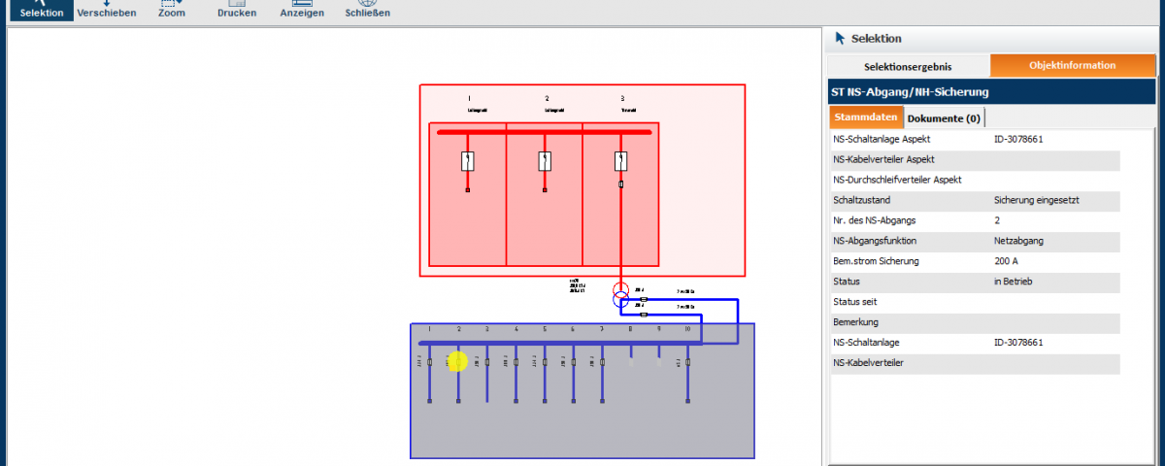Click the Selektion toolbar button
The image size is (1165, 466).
coord(42,10)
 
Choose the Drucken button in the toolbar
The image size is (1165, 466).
coord(237,10)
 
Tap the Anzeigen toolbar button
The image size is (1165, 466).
coord(302,10)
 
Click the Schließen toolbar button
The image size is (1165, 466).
coord(367,10)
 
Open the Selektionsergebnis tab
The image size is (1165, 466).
coord(908,66)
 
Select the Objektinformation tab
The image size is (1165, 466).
coord(1072,65)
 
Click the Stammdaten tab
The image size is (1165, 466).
coord(866,117)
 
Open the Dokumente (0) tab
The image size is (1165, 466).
coord(944,117)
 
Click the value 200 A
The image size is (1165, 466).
coord(1006,261)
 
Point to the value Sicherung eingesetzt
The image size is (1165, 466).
coord(1037,200)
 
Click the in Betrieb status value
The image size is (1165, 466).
coord(1013,282)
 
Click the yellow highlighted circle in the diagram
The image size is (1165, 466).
coord(458,361)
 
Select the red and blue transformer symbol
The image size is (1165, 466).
coord(621,295)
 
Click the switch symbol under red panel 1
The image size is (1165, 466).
coord(467,161)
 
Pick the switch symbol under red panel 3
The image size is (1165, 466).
coord(621,161)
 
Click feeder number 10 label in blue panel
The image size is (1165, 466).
coord(687,330)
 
